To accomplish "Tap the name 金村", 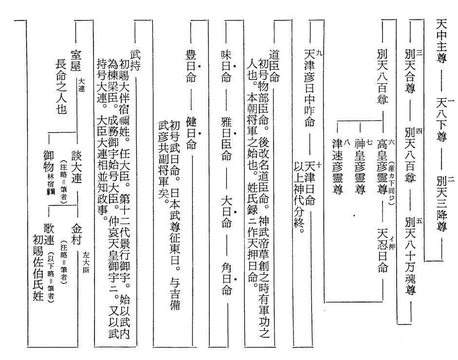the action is (x=78, y=231).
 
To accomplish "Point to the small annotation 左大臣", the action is (x=87, y=262).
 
